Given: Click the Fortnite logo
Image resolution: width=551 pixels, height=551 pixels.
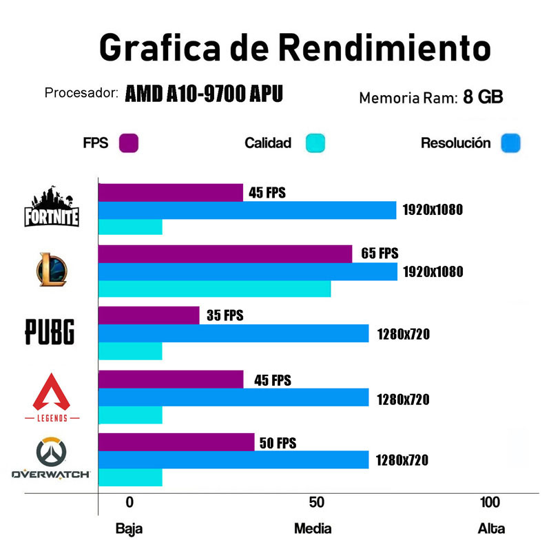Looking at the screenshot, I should (52, 207).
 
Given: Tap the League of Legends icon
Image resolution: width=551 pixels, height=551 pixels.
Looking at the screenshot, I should (52, 270).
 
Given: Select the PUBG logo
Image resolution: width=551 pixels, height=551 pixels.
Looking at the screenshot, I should (50, 331).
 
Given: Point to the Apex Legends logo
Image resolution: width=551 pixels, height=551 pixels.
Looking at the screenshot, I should (52, 397).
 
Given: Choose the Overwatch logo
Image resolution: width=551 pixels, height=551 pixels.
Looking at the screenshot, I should (51, 458).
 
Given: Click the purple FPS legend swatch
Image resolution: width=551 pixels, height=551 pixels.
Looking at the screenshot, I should (129, 143).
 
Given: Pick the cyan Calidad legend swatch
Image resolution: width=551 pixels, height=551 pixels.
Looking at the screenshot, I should (315, 143).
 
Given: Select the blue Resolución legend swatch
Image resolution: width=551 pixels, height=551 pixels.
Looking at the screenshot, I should (512, 143).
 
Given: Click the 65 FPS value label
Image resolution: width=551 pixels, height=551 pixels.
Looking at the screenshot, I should (380, 253).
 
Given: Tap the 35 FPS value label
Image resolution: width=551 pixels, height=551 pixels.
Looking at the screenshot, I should (225, 315).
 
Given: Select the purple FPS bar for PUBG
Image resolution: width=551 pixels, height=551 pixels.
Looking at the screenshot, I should (149, 315).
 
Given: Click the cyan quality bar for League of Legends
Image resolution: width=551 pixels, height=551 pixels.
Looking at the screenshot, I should (214, 289).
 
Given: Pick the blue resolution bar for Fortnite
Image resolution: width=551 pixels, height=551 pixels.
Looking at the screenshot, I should (247, 210).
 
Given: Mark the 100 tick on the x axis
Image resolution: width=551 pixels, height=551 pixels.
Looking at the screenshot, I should (490, 502).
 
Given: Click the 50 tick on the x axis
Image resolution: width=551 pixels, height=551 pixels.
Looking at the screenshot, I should (316, 502).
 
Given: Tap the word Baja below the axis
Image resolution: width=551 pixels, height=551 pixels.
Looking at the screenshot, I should (129, 529).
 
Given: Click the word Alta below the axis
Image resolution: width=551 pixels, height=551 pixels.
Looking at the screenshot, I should (491, 529).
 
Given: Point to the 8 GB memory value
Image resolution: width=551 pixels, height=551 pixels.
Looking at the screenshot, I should (483, 97).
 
